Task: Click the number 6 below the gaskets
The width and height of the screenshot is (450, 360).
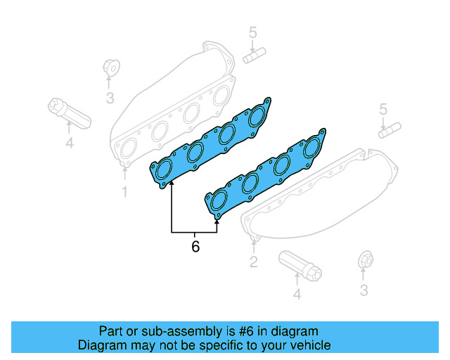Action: point(195,247)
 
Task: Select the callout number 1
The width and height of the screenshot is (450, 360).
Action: point(124,191)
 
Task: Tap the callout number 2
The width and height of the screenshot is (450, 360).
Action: point(254,263)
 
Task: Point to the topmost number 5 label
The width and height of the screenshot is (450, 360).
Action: point(253,32)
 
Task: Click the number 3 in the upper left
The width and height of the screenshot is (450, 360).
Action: point(110,98)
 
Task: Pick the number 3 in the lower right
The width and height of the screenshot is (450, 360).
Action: point(364,290)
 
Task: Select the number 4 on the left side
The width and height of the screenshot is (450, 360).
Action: point(69,143)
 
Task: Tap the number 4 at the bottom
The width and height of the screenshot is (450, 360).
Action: point(297,295)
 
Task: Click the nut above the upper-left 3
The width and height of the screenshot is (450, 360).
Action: point(110,69)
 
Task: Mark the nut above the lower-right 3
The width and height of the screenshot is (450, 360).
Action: point(364,259)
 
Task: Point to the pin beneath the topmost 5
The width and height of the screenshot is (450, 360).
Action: point(253,55)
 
